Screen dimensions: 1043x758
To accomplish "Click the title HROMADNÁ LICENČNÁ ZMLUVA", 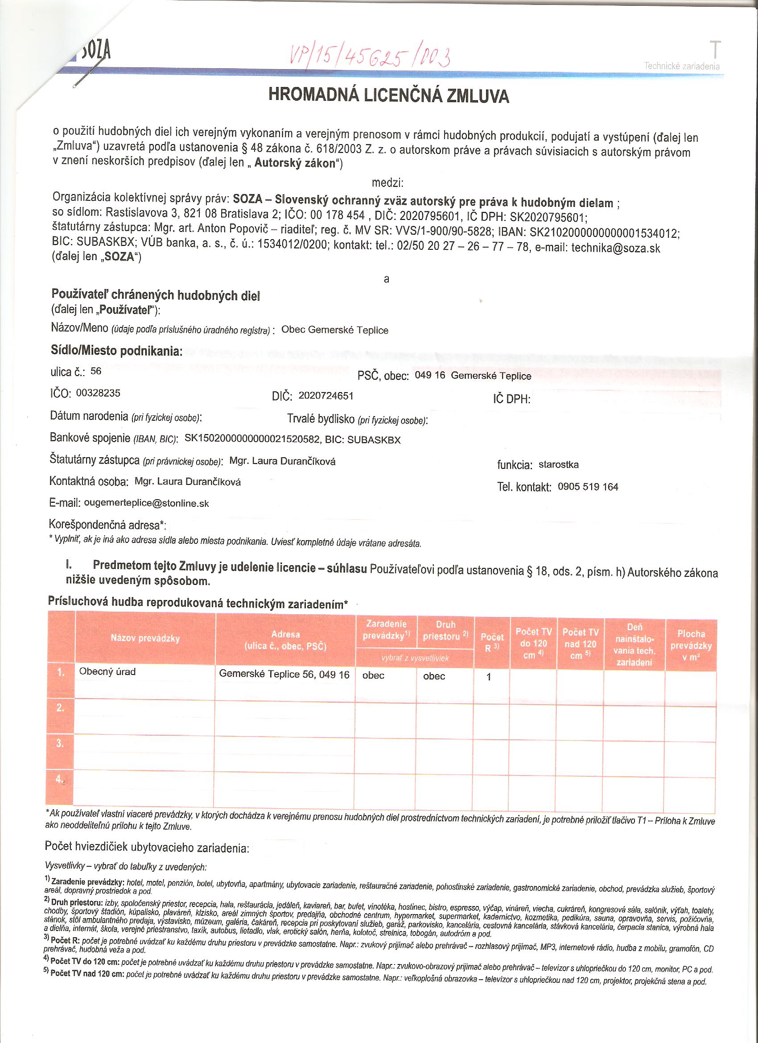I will coord(388,95).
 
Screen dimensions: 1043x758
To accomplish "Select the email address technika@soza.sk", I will coord(615,248).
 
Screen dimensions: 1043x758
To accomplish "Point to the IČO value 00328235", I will coord(98,393).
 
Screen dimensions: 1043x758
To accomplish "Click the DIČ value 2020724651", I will coord(326,396).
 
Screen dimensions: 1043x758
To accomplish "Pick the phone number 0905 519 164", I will coord(588,487).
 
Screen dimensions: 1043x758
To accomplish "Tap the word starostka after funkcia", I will coord(559,464).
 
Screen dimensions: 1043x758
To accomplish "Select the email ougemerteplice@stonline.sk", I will coord(146,503).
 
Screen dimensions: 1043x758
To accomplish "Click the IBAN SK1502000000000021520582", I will coord(252,439).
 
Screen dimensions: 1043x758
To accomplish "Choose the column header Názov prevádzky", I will coord(145,638).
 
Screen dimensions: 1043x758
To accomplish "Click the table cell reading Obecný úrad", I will coord(107,671).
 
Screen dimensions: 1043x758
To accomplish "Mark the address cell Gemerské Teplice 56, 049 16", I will coord(284,674).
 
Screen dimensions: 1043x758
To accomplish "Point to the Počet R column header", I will coord(492,642).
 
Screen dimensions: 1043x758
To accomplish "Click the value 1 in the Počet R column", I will coord(489,677).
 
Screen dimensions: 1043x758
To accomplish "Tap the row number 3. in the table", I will coord(60,743).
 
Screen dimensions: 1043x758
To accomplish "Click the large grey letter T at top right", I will coord(715,49).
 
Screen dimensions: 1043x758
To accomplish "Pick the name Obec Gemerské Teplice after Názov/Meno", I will coord(335,330).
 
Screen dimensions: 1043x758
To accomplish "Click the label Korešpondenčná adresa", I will coord(107,525).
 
